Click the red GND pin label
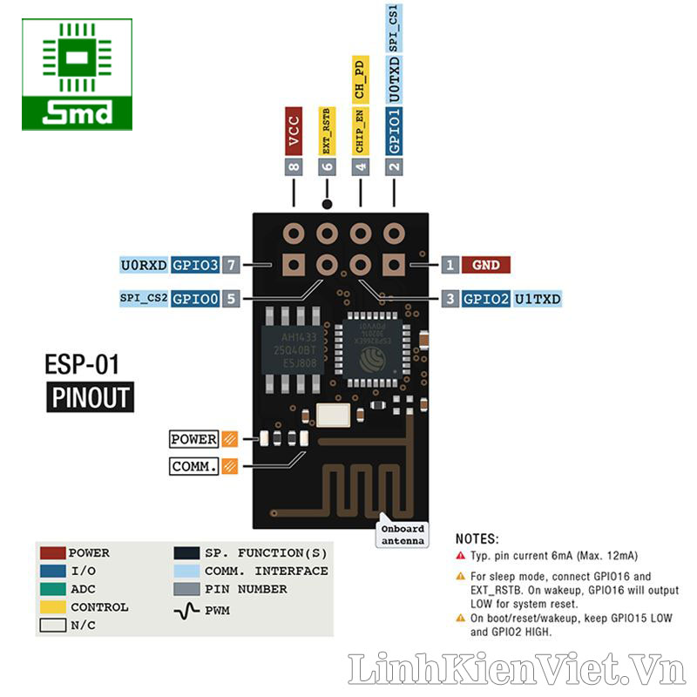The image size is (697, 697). (x=486, y=265)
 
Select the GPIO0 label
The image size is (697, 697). (x=195, y=299)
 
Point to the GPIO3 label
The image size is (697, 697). (x=195, y=265)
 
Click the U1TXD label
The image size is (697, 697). (x=538, y=299)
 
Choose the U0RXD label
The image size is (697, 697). (x=144, y=265)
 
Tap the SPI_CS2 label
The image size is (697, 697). (x=143, y=299)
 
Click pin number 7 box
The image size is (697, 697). (x=231, y=265)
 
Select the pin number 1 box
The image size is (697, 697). (x=450, y=265)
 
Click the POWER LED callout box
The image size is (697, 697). (x=193, y=439)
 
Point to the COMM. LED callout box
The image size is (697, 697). (x=193, y=466)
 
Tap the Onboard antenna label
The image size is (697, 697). (x=403, y=534)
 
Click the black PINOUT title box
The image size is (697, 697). (x=90, y=397)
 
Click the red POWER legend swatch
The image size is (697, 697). (x=52, y=552)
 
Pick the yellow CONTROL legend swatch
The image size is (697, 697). (x=52, y=607)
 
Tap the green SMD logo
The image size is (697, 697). (x=78, y=75)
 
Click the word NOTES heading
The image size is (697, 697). (x=477, y=539)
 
